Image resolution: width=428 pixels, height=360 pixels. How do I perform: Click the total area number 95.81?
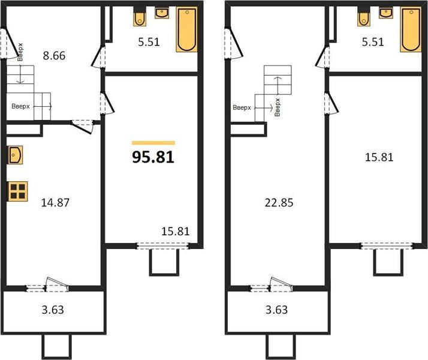point(153,157)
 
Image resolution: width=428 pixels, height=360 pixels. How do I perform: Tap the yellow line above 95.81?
point(153,143)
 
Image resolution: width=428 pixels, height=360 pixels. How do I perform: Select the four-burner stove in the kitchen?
point(17,191)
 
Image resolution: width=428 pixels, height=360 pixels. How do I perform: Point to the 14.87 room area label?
point(55,202)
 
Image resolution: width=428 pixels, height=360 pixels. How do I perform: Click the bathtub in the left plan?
point(186,29)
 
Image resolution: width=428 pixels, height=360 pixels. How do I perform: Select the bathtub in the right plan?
point(411,29)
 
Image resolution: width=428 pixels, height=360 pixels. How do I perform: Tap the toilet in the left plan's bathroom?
point(140,18)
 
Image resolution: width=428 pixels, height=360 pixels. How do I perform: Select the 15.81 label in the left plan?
point(176,230)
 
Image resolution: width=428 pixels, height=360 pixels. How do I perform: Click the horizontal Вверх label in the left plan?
point(21,106)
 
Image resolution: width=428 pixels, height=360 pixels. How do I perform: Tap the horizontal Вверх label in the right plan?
point(242,109)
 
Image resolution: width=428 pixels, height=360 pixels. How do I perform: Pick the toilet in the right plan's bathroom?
point(364,18)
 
